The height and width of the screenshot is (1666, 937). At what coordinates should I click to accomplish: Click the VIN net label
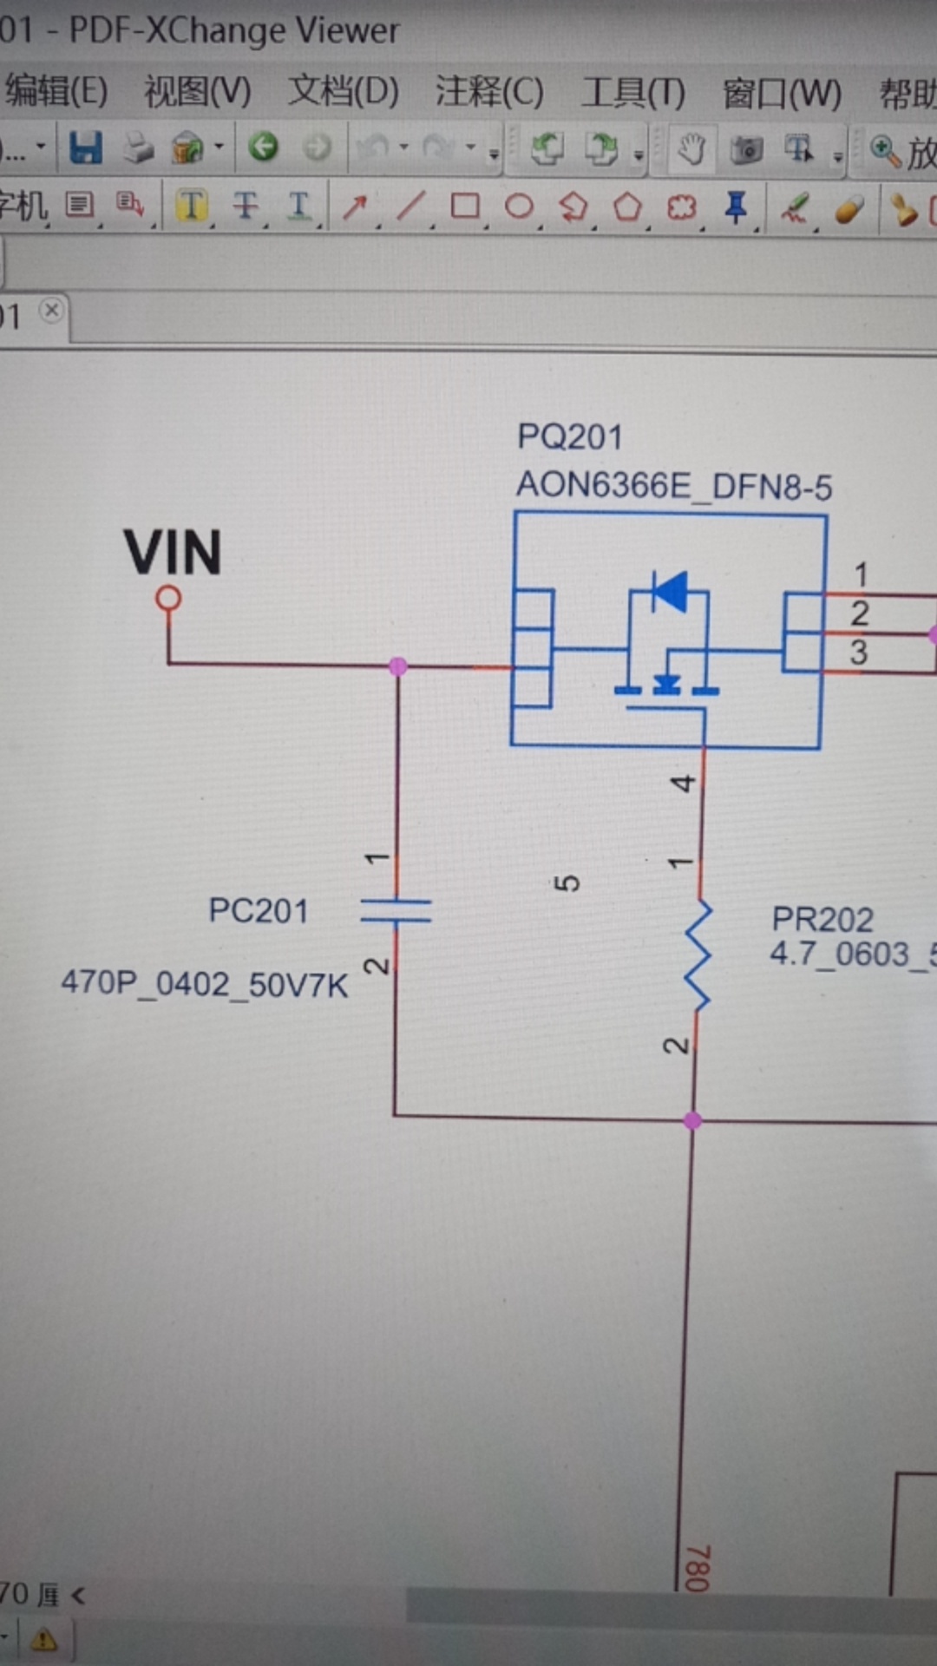tap(173, 553)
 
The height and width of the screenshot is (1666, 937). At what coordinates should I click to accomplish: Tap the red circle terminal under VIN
tap(168, 598)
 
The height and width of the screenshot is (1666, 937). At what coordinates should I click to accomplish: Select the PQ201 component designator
tap(570, 436)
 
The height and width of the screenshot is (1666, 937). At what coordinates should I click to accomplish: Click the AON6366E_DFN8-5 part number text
tap(674, 486)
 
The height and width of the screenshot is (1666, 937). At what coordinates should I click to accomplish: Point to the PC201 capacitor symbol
tap(396, 910)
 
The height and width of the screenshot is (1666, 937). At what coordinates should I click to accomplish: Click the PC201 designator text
tap(259, 911)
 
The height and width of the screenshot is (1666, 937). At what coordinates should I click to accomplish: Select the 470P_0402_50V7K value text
tap(205, 984)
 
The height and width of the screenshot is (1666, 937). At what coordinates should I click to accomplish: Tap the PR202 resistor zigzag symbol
tap(698, 954)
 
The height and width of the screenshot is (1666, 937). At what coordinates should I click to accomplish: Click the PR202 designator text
tap(822, 919)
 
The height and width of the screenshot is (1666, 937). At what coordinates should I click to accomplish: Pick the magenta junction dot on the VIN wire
tap(398, 666)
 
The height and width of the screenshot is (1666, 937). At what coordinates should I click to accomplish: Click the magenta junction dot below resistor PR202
tap(692, 1120)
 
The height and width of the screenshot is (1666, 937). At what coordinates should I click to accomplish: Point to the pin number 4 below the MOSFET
tap(684, 784)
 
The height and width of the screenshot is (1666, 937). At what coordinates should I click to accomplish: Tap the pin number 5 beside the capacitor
tap(566, 883)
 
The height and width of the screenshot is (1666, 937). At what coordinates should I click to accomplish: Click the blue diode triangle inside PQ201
tap(671, 592)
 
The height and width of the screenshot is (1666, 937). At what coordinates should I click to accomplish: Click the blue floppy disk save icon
tap(86, 148)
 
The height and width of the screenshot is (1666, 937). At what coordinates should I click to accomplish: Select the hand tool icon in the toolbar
tap(691, 149)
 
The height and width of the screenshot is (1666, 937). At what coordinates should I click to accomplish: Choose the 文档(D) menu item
tap(344, 91)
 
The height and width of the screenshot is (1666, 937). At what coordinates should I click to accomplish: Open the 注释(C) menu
tap(489, 91)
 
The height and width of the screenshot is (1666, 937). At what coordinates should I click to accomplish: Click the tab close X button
tap(52, 310)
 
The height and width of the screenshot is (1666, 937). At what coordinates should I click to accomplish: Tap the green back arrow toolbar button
tap(263, 147)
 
